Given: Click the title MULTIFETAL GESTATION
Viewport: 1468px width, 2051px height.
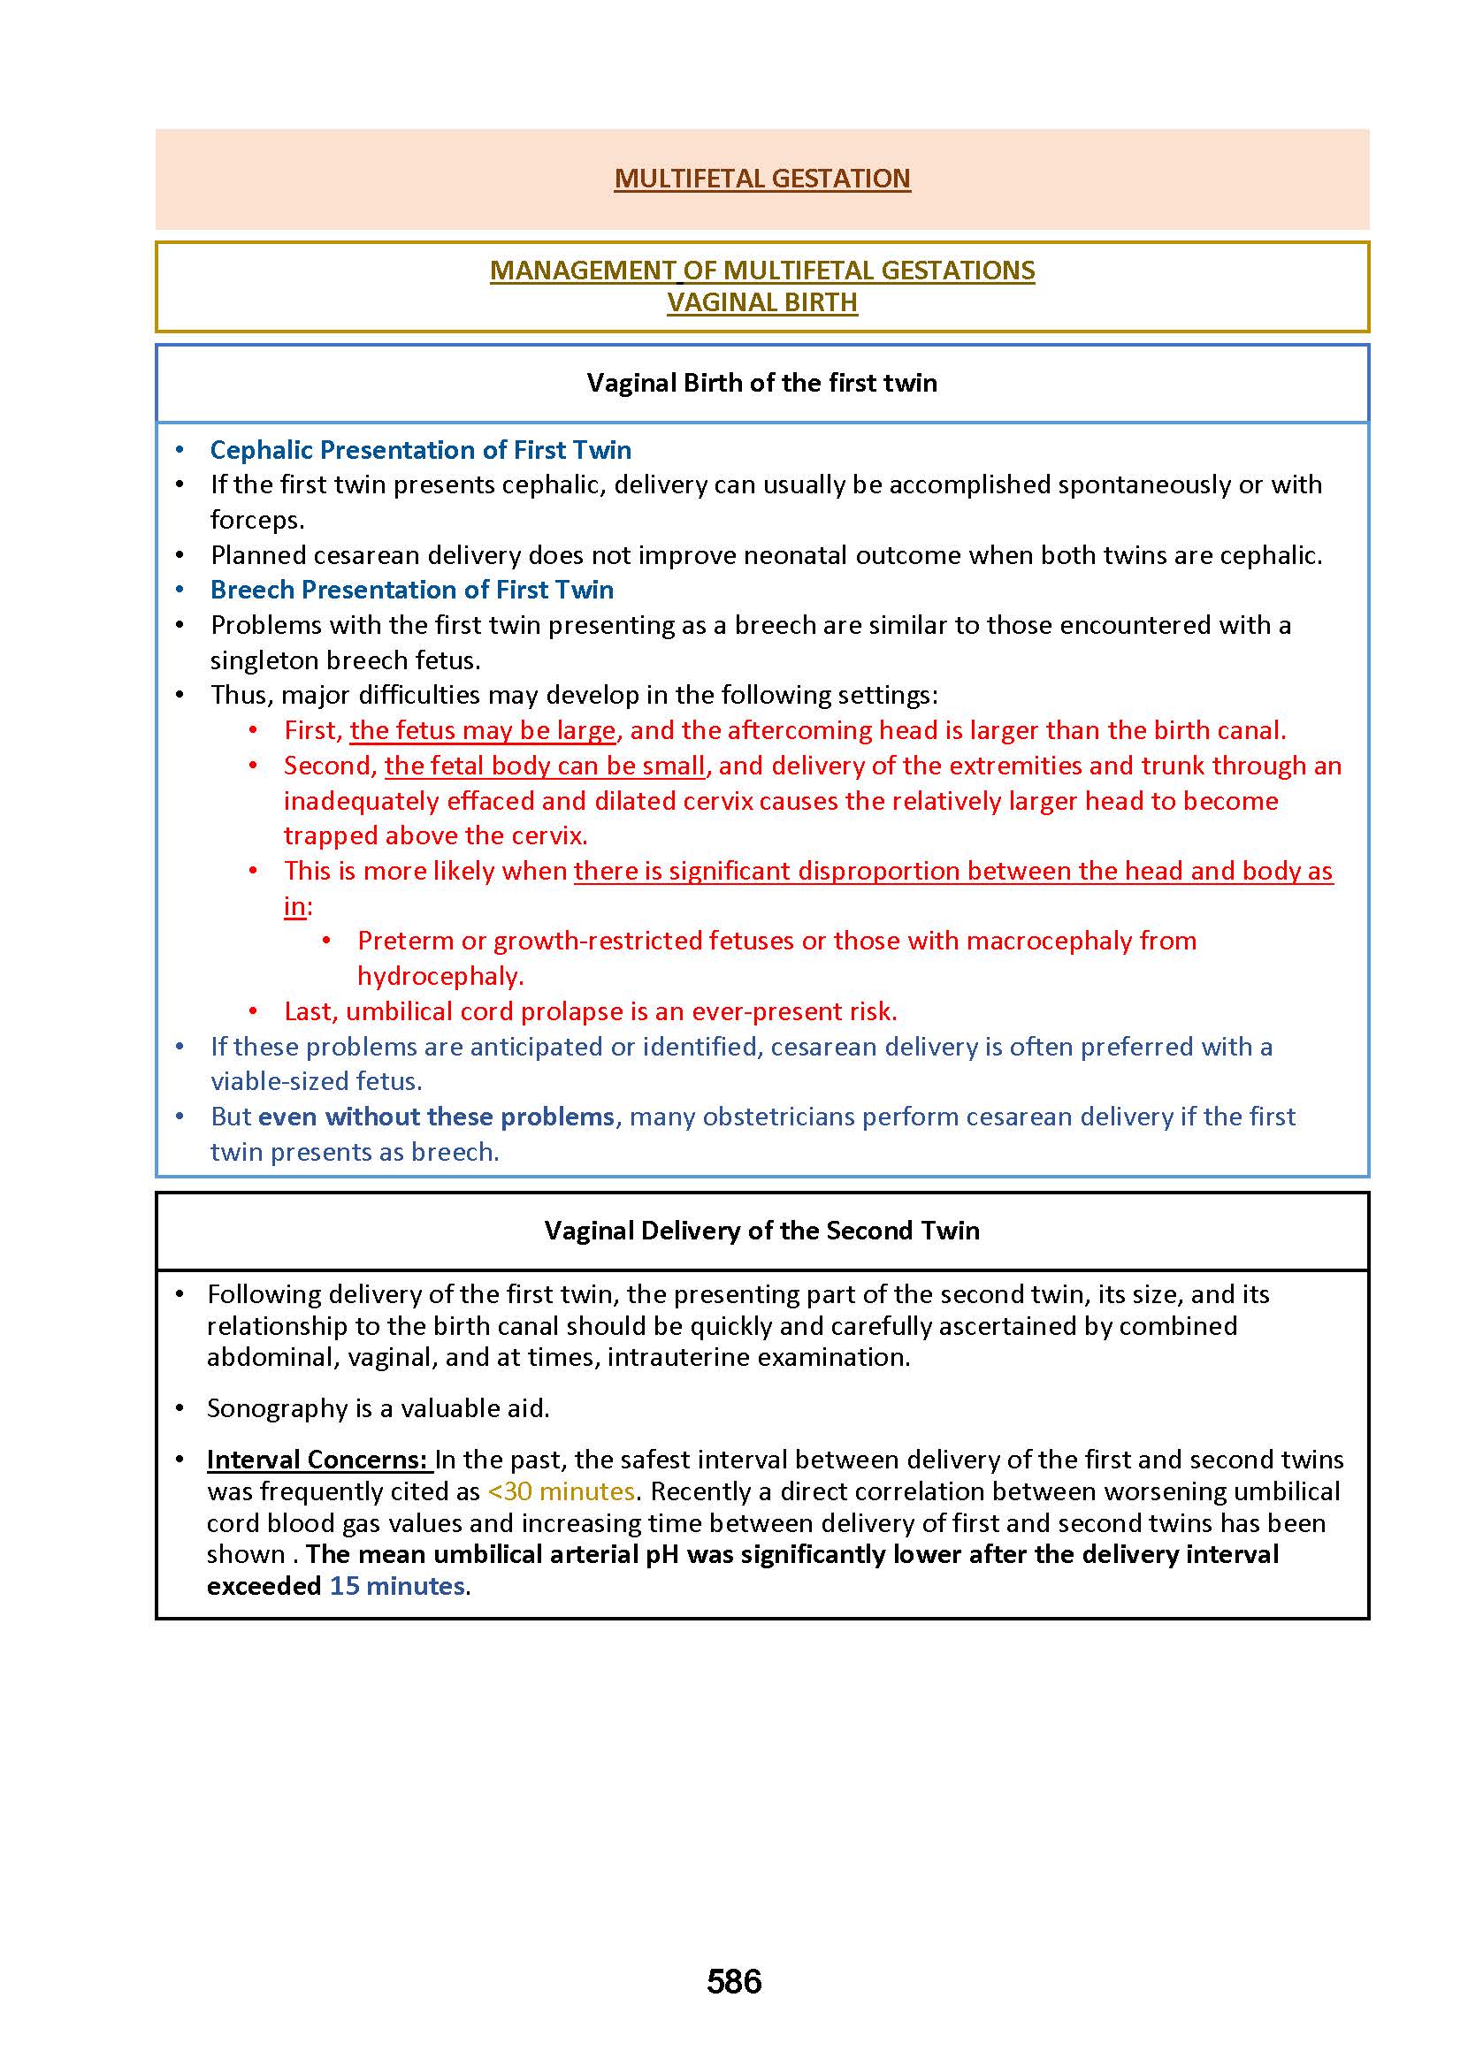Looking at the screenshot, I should click(x=762, y=179).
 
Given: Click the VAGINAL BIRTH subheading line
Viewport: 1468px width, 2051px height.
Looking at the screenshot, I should click(x=762, y=301).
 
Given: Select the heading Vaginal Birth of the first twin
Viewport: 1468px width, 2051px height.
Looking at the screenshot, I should click(x=761, y=383).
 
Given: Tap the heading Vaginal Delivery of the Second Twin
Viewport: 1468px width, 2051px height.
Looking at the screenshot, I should click(x=761, y=1231).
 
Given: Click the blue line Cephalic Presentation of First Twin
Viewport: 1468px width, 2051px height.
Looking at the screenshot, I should click(x=420, y=450).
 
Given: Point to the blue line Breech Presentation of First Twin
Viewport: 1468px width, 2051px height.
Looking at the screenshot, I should click(x=411, y=590).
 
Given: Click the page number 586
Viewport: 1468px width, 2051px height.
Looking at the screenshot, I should click(x=734, y=1981).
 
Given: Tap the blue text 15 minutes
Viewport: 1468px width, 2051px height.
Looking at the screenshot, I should click(x=397, y=1586).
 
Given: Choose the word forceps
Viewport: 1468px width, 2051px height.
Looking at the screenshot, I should click(x=256, y=521).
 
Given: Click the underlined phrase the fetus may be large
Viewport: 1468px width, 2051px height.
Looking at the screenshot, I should click(x=483, y=730).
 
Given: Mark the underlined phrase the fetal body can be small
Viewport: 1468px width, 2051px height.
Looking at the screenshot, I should click(x=544, y=766).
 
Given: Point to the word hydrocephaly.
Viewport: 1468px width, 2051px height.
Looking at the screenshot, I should click(x=440, y=976).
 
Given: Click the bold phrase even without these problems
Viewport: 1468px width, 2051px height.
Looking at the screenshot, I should click(x=436, y=1117).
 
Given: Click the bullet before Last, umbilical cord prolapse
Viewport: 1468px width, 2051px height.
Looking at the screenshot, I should click(x=254, y=1012).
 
